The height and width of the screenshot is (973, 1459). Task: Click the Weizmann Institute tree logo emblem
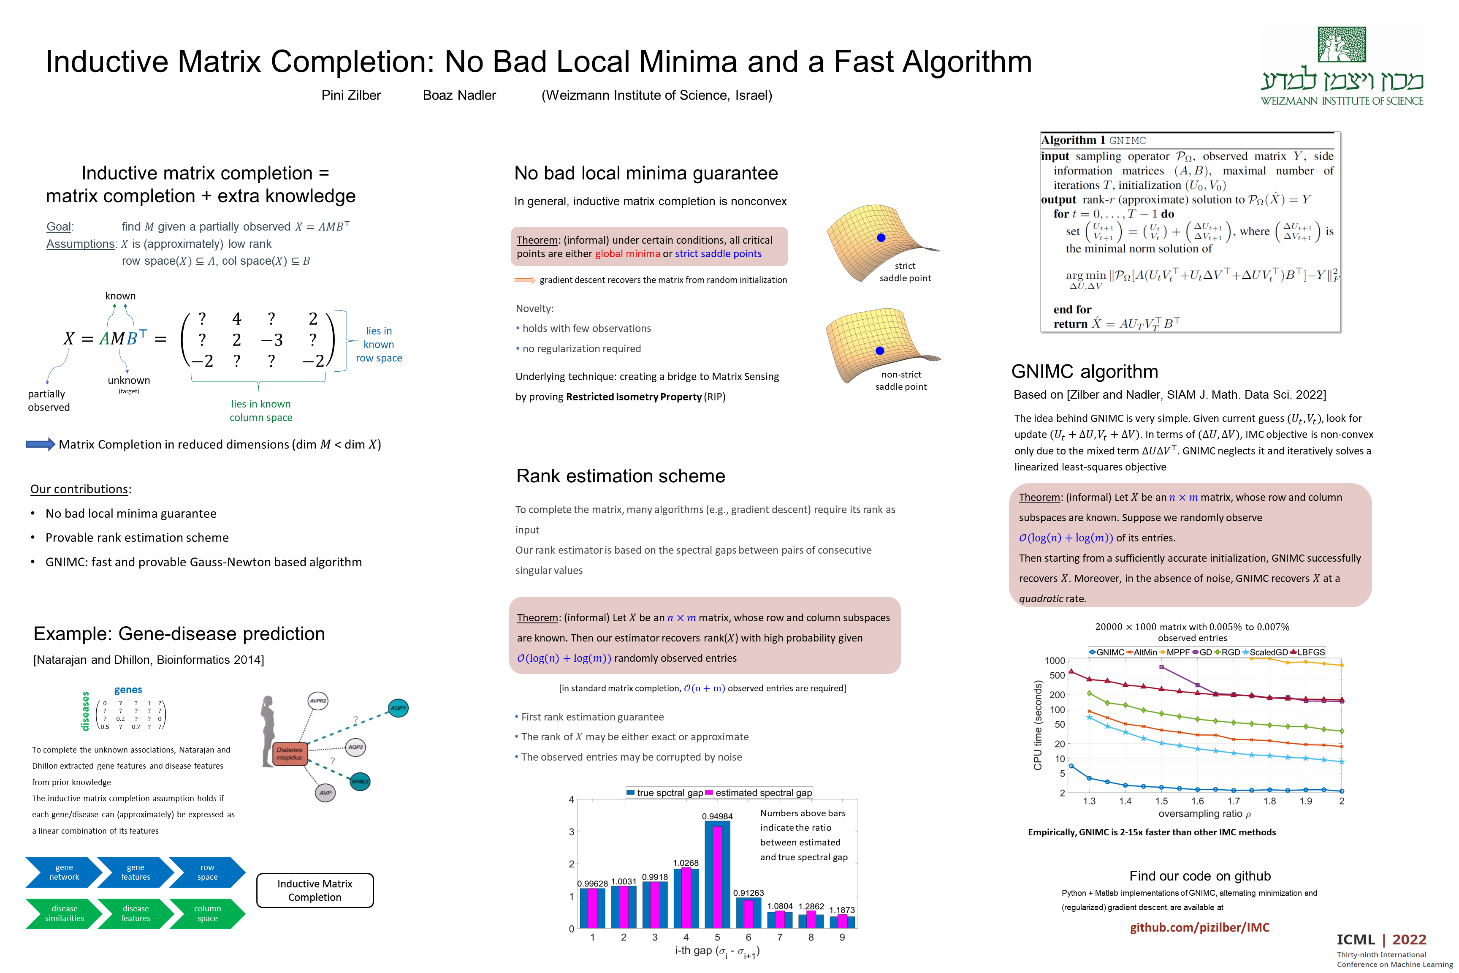(x=1342, y=45)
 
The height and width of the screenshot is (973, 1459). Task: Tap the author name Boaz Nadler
(x=459, y=95)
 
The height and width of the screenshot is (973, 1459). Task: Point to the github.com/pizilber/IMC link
(x=1199, y=927)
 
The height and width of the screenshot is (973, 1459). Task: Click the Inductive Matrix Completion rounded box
(x=315, y=891)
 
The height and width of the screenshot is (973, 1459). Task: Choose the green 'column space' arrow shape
(x=207, y=913)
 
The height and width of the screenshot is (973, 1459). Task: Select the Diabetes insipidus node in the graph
(x=289, y=754)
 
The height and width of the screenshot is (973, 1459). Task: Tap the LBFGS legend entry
(x=1307, y=652)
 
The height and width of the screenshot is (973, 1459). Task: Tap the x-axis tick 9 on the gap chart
(x=842, y=938)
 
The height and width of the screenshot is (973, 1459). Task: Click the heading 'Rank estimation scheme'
(x=620, y=476)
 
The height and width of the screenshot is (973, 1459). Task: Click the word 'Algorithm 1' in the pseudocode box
(x=1073, y=140)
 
